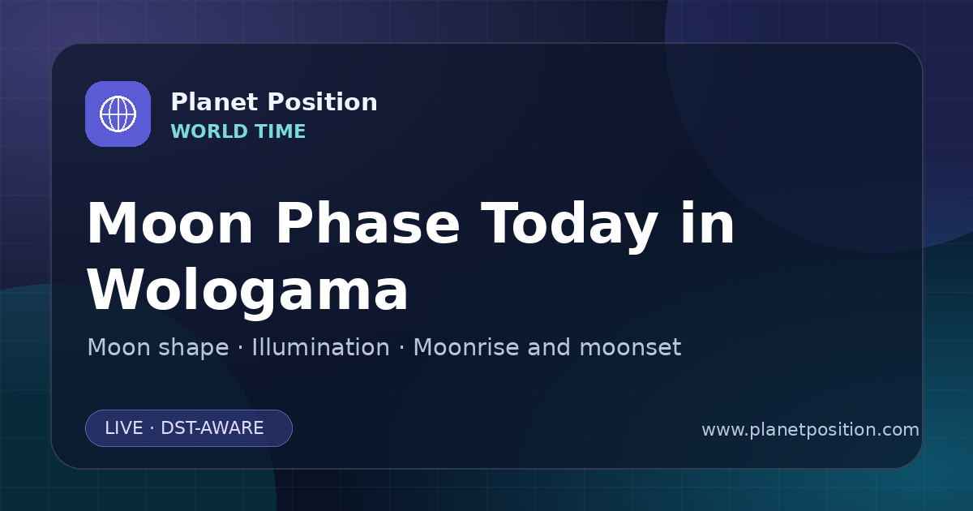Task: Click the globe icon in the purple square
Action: pos(118,114)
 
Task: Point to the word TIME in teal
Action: pos(281,131)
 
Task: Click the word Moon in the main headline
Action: pos(169,223)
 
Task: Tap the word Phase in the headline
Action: pos(367,223)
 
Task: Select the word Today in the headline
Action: pos(569,227)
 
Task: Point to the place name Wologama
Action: pos(247,291)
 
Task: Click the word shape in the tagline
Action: pos(193,348)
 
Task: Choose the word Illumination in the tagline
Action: pos(320,347)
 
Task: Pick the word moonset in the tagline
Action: pos(630,348)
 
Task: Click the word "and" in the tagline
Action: pos(549,347)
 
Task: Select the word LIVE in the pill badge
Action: pos(124,428)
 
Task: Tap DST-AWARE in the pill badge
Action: pos(212,428)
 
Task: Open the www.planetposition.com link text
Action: pos(810,430)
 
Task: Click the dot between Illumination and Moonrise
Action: pos(401,348)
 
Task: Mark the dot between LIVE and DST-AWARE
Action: pos(152,428)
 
